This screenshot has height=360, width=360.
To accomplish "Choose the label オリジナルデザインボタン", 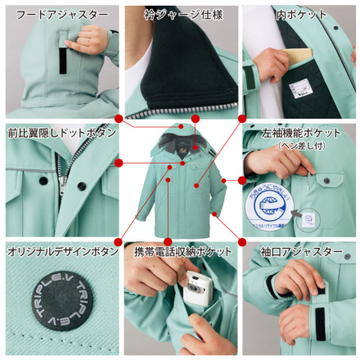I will (59, 251).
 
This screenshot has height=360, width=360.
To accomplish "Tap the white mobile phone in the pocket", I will (196, 290).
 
